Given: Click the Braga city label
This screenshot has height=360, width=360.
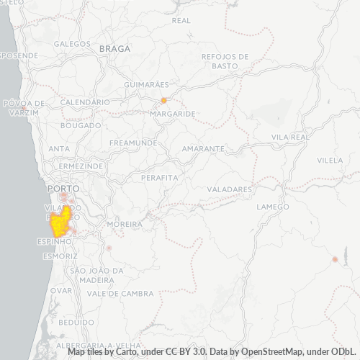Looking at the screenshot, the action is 115,48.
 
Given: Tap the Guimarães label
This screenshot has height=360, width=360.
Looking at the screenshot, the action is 146,84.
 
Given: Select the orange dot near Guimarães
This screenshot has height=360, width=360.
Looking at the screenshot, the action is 164,100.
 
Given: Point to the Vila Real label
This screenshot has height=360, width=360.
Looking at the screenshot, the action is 290,136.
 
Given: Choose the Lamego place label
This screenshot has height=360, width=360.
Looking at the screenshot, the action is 273,207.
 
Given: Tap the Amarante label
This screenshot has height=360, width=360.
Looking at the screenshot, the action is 203,148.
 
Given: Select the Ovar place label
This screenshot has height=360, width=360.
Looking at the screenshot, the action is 61,290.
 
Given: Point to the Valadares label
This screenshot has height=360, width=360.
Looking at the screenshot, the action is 230,189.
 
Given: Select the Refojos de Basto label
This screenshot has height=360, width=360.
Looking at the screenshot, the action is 225,60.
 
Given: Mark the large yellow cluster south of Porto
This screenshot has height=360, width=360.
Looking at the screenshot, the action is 63,223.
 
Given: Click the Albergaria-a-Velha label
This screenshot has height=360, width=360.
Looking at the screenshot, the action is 104,345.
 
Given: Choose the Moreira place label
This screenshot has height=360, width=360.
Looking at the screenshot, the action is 124,225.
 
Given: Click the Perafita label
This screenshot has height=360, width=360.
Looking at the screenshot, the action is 159,176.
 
